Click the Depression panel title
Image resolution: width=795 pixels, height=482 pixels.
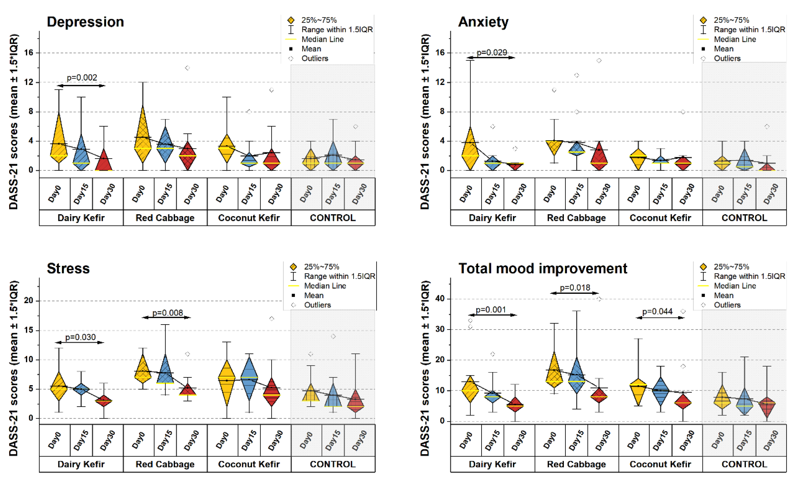(85, 22)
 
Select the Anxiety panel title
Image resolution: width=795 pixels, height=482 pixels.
(483, 22)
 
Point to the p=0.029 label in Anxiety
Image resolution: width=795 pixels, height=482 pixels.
(492, 52)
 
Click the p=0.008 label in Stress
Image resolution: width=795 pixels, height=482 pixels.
(167, 313)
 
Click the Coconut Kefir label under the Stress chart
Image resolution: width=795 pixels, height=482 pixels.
(249, 464)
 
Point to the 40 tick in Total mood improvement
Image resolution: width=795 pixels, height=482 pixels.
(440, 299)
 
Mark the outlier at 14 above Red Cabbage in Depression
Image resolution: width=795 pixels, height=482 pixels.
(188, 68)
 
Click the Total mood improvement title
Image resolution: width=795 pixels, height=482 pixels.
(543, 269)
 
